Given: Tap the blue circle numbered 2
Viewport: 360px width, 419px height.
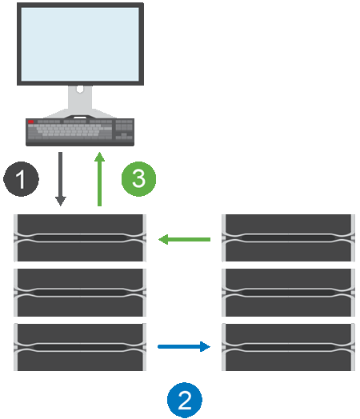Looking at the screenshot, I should point(185,397).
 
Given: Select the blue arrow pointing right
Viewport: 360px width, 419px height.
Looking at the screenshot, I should point(184,347).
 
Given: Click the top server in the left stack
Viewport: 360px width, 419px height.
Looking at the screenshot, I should point(79,237).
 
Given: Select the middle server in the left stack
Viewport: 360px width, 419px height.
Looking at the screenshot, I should point(79,292).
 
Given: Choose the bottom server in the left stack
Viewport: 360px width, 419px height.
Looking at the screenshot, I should point(79,346).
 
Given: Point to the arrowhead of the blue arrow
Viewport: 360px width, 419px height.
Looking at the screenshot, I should point(206,347).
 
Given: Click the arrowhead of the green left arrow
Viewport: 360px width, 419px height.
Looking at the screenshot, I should point(162,238).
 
